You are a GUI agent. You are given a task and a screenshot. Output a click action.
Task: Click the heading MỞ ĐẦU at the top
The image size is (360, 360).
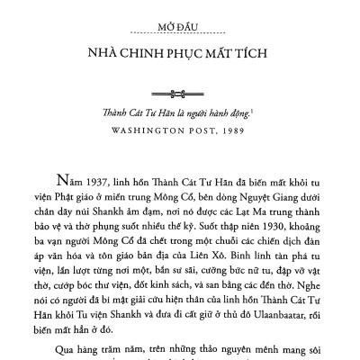click(x=179, y=14)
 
